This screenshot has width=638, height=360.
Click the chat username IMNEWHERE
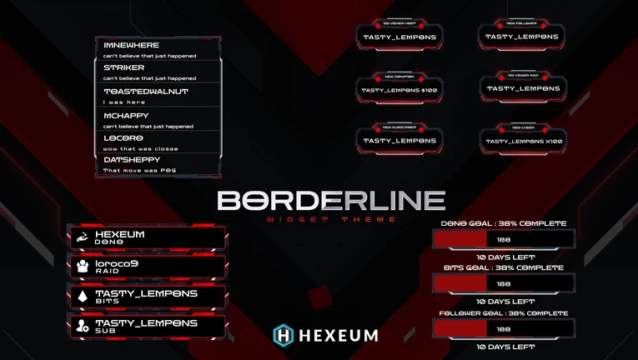point(131,45)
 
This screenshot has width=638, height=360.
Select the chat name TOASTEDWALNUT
point(145,91)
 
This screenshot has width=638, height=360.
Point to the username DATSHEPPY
point(132,159)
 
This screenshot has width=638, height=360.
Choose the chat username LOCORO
point(123,137)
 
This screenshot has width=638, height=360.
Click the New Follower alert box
point(521,37)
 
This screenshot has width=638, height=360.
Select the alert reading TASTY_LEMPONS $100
point(399,89)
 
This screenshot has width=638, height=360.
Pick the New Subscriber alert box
point(399,141)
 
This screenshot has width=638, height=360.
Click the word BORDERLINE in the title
point(331,201)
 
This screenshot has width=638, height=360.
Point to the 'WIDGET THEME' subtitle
point(331,219)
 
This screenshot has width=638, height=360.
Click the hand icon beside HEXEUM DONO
point(83,237)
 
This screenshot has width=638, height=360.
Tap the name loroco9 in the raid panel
point(117,263)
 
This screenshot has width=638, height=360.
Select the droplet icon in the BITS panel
point(83,296)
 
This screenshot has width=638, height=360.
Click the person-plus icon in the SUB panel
point(83,326)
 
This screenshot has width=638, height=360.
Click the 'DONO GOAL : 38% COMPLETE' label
point(504,223)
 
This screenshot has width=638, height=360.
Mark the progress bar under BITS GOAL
point(504,283)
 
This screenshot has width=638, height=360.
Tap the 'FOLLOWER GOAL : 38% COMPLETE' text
point(504,312)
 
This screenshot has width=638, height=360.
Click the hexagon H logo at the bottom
point(284,335)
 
